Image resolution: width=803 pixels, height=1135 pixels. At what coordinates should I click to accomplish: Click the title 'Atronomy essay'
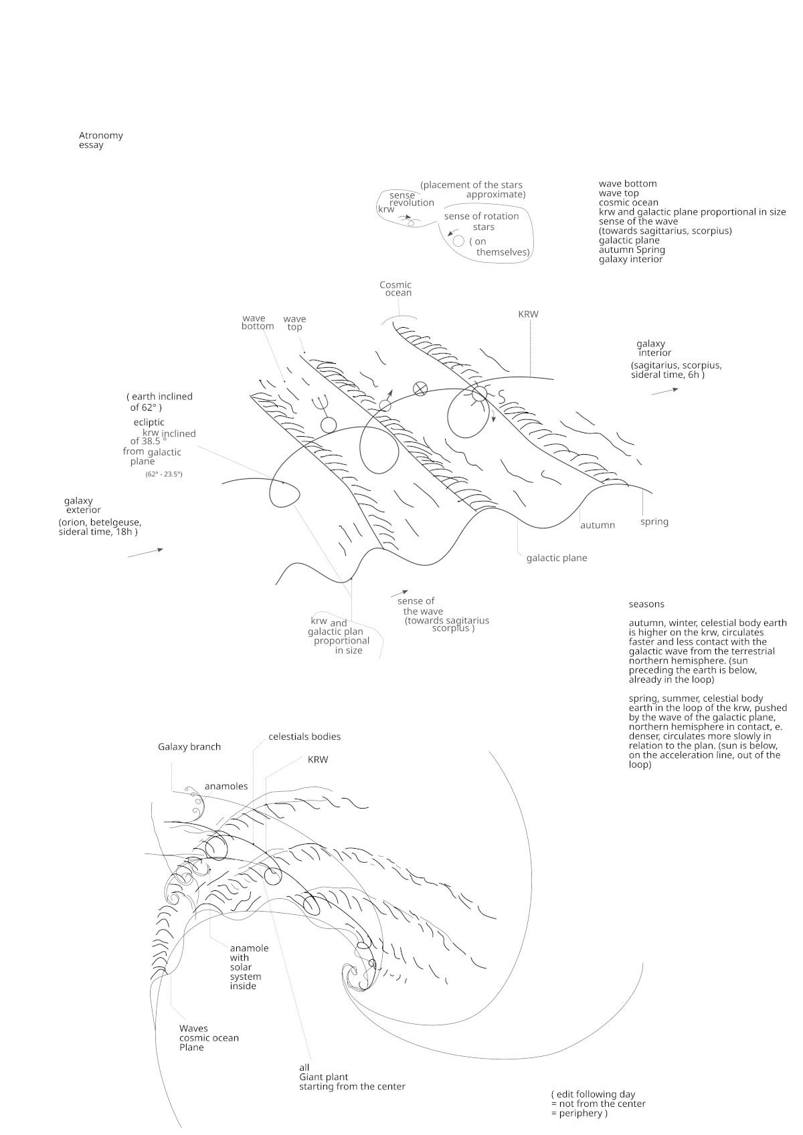coord(100,140)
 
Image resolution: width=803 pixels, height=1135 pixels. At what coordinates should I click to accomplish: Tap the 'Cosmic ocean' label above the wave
coord(395,288)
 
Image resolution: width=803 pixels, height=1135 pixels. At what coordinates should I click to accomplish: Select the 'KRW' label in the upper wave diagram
coord(528,314)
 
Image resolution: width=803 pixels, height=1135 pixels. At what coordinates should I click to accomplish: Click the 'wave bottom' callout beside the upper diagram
coord(258,322)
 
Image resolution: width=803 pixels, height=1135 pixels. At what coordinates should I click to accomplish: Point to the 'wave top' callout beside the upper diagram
coord(294,322)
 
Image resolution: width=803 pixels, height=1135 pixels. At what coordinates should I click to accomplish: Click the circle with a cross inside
coord(420,388)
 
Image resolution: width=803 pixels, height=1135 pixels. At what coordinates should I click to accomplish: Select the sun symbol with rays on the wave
coord(479,394)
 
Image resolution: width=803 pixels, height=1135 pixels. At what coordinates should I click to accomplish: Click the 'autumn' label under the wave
coord(597,525)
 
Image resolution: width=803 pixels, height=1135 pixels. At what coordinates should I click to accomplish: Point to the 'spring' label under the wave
coord(654,522)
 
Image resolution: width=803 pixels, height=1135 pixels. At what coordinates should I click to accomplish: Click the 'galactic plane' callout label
coord(556,558)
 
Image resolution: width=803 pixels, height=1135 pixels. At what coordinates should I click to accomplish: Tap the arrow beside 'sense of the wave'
coord(399,593)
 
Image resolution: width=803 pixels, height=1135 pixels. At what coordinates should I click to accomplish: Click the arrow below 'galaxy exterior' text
coord(145,552)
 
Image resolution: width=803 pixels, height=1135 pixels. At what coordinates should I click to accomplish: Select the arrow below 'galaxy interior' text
coord(664,391)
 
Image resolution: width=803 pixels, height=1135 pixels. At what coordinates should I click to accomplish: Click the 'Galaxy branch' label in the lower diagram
coord(189,746)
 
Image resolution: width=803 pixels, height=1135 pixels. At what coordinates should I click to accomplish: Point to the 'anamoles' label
coord(226,786)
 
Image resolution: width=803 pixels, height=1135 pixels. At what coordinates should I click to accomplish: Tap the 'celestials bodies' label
coord(304,736)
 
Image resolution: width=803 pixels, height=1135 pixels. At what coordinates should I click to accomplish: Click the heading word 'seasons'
coord(646,604)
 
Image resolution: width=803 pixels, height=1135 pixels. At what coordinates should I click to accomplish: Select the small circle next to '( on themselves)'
coord(458,241)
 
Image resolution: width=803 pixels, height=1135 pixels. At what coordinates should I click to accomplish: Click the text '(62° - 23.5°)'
coord(164,474)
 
